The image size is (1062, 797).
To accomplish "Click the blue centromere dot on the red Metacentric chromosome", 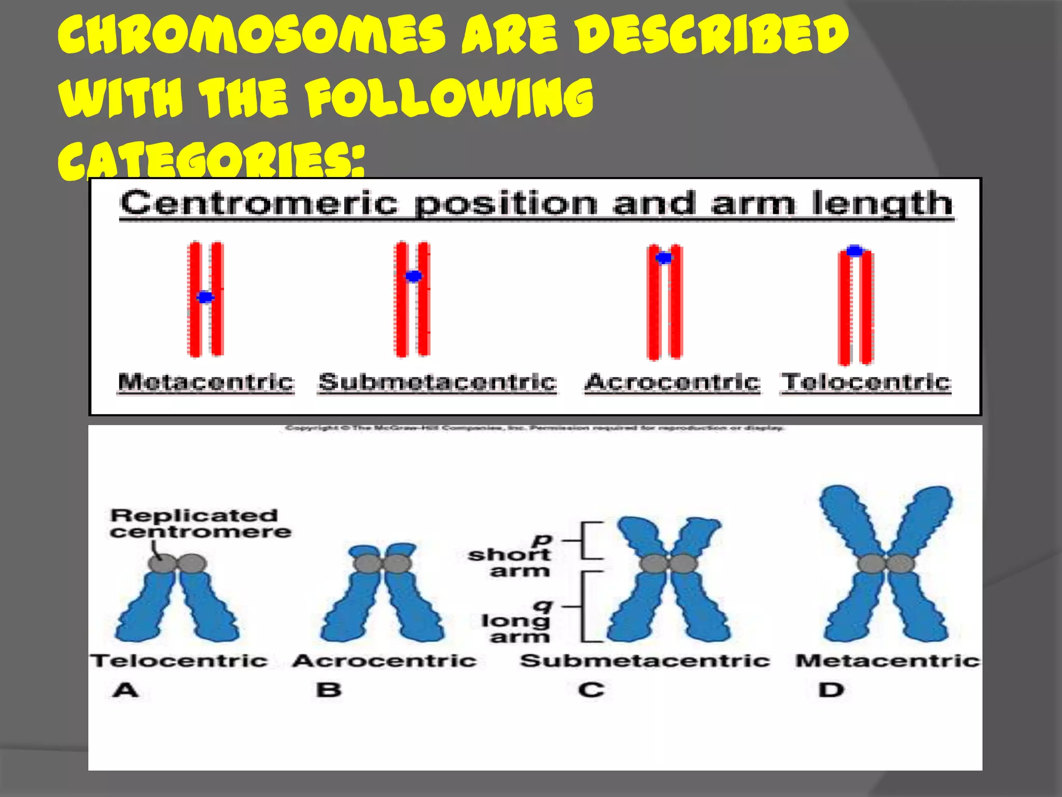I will pyautogui.click(x=205, y=297).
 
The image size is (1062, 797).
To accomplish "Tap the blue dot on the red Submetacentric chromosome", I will pyautogui.click(x=413, y=276).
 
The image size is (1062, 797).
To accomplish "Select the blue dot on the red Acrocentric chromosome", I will pyautogui.click(x=664, y=257).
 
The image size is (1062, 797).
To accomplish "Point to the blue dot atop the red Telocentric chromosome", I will pyautogui.click(x=855, y=251).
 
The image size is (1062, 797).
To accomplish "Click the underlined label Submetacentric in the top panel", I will pyautogui.click(x=438, y=382).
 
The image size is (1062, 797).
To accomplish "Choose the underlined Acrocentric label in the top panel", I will pyautogui.click(x=673, y=382).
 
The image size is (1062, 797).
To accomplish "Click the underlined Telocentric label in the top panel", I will pyautogui.click(x=866, y=382).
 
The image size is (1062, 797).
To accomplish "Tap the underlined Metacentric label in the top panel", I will pyautogui.click(x=206, y=382).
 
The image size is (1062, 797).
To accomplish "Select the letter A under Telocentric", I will pyautogui.click(x=126, y=690).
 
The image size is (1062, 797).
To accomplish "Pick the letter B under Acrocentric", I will pyautogui.click(x=329, y=690).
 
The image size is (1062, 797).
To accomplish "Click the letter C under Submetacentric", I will pyautogui.click(x=591, y=690).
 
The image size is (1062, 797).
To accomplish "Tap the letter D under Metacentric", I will pyautogui.click(x=831, y=690).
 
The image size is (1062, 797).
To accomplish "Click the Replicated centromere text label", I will pyautogui.click(x=200, y=523).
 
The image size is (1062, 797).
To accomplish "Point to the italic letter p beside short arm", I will pyautogui.click(x=542, y=540).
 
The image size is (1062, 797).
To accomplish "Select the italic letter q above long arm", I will pyautogui.click(x=543, y=605).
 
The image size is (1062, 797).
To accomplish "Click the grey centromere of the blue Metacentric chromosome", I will pyautogui.click(x=886, y=564).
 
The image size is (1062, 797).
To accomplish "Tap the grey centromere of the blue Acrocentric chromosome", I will pyautogui.click(x=383, y=564).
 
